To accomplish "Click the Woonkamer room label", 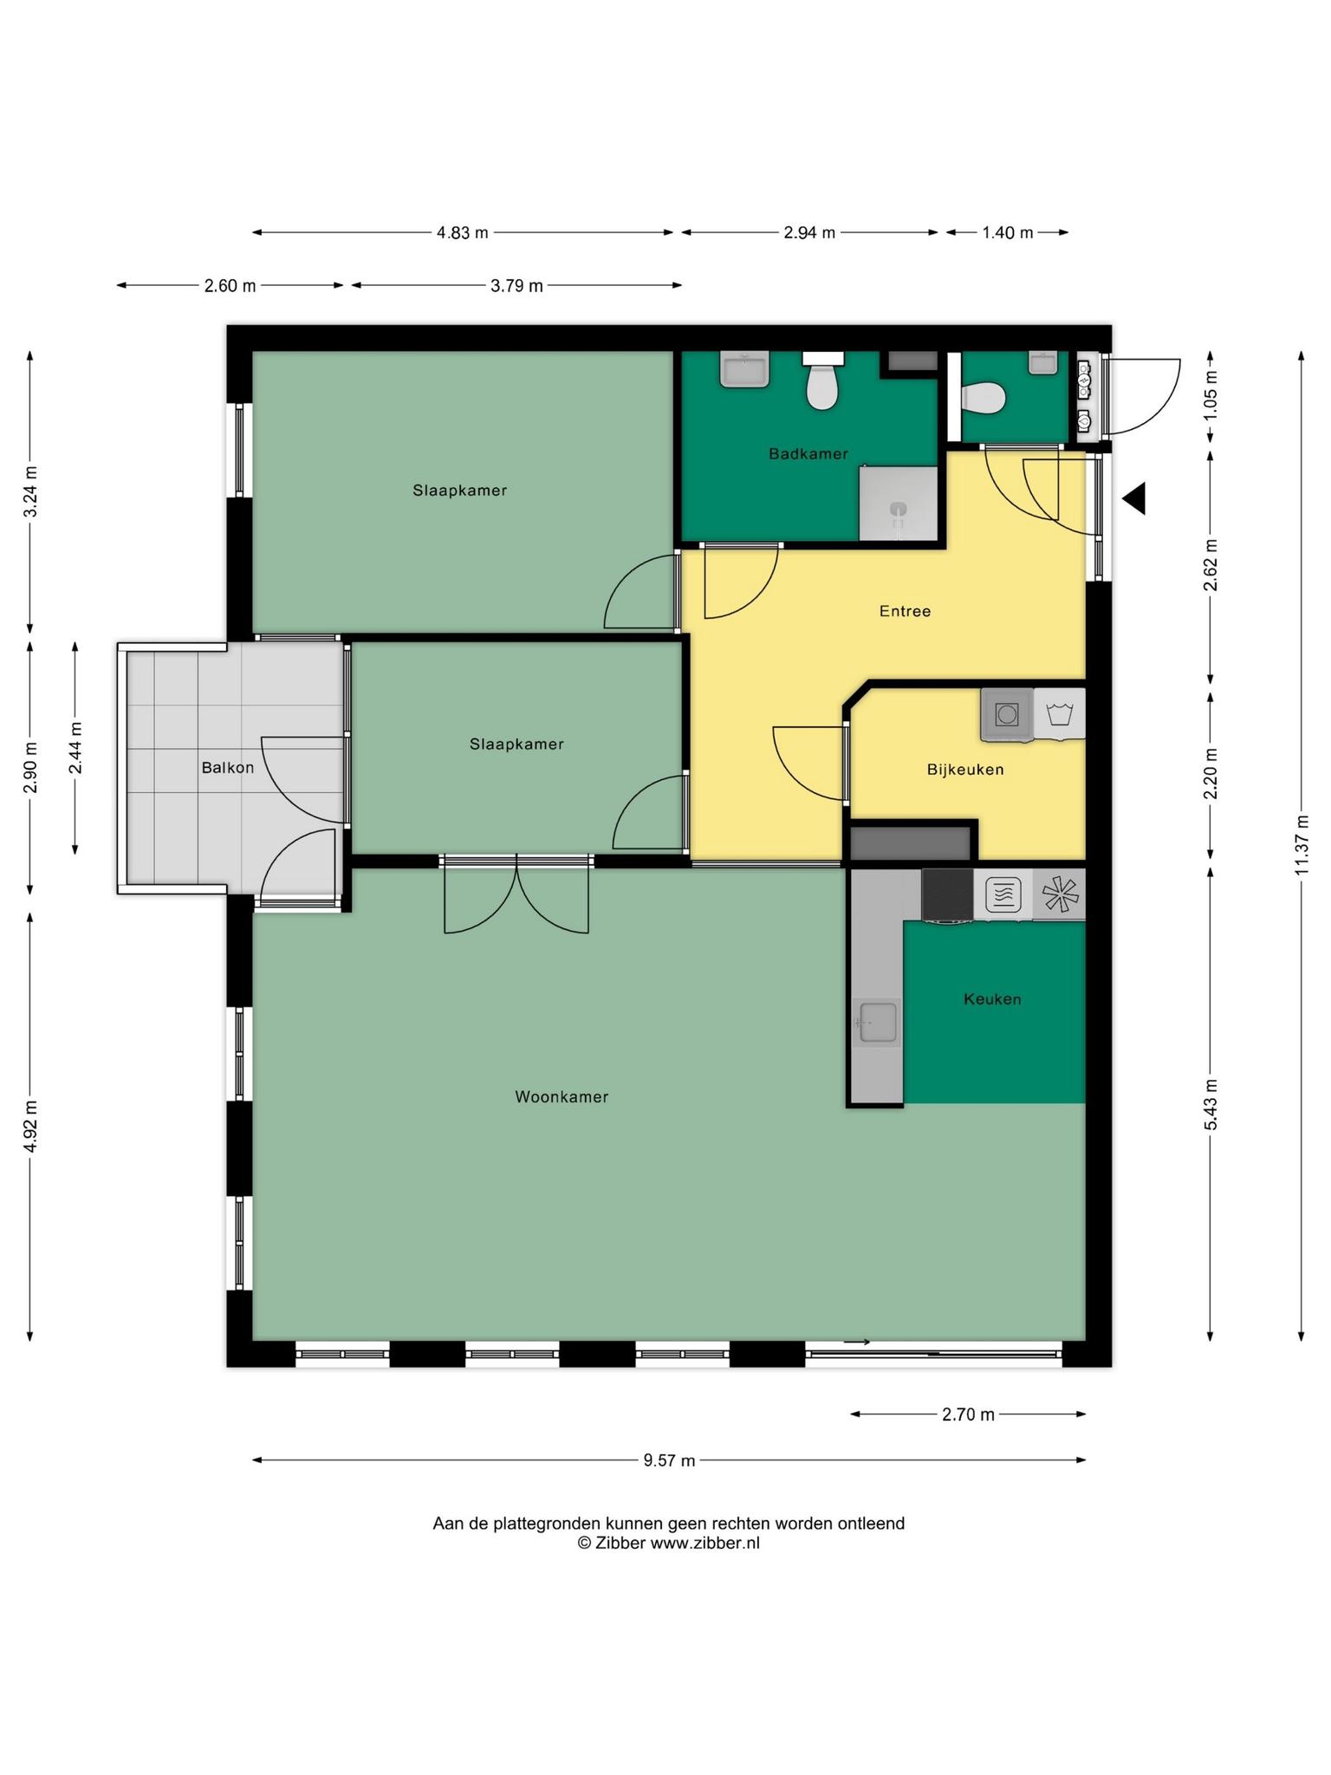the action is click(562, 1096).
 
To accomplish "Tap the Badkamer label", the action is click(808, 453).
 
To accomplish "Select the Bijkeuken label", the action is click(965, 770).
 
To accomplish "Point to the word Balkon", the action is click(228, 767).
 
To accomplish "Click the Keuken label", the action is click(992, 999).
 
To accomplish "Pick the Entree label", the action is click(905, 611).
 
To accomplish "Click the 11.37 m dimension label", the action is click(1301, 845).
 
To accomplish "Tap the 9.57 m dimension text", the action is click(669, 1460).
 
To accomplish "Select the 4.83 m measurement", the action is click(463, 232).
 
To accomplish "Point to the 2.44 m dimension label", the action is click(75, 748).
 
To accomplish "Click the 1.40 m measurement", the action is click(1007, 232).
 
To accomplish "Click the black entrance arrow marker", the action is click(1133, 498).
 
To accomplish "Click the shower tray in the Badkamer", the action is click(899, 504).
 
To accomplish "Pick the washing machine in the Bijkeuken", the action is click(1007, 715).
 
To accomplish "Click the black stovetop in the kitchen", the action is click(947, 894).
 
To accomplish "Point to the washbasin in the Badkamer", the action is click(745, 370).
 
